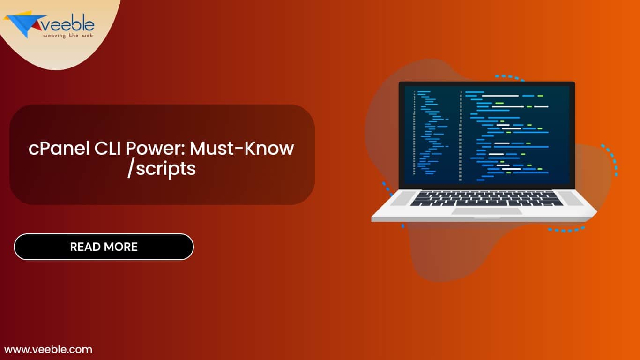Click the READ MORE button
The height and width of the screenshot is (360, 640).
pos(104,247)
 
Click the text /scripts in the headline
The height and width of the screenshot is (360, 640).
pos(162,169)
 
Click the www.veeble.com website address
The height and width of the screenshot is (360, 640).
pos(48,349)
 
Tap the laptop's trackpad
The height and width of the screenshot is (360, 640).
pos(486,211)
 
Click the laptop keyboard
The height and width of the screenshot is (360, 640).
pos(487,198)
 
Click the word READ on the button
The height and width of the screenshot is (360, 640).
pos(86,247)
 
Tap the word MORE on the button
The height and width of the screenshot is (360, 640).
pos(121,247)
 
